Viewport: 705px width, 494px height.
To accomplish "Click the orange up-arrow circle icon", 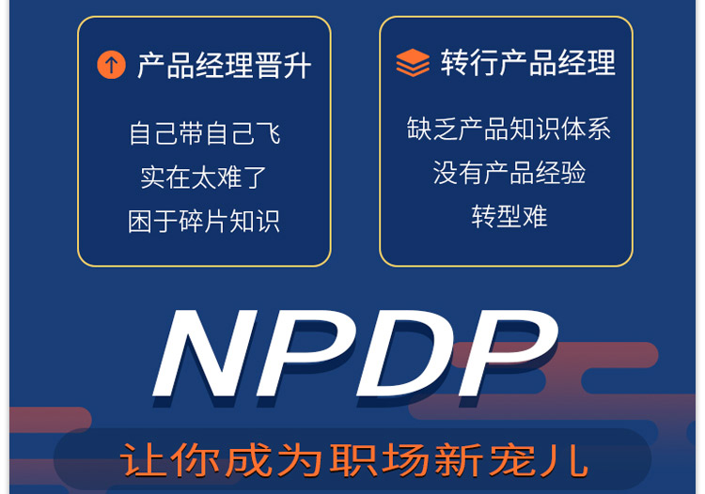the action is tap(111, 65).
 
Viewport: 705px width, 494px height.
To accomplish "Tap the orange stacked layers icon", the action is tap(413, 62).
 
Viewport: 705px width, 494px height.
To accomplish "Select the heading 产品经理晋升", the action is tap(224, 66).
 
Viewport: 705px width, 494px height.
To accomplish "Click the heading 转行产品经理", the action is tap(528, 62).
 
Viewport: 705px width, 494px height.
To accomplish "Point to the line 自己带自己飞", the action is tap(205, 133).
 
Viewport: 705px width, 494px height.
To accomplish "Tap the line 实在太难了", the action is tap(203, 177).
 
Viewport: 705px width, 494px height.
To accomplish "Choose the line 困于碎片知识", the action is tap(204, 221).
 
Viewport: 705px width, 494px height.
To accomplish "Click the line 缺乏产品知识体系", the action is tap(509, 129).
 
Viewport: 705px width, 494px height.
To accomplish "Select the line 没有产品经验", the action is tap(509, 173).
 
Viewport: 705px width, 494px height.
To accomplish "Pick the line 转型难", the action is tap(509, 216).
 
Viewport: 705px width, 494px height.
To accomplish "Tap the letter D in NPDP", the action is tap(406, 353).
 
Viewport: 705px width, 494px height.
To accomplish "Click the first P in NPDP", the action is tap(305, 353).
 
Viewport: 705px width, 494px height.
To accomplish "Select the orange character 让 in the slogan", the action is tap(142, 459).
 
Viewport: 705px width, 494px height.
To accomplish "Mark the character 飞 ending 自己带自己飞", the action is tap(269, 133).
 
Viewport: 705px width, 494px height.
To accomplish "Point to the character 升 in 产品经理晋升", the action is tap(297, 66).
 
